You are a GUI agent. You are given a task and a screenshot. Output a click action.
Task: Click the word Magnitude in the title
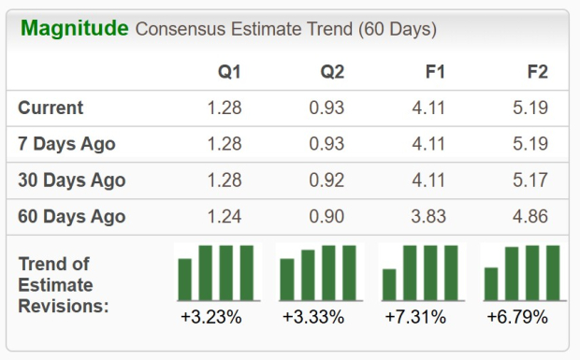click(x=74, y=28)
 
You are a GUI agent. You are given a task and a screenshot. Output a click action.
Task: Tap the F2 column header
click(x=536, y=72)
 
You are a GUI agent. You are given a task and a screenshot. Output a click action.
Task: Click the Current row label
click(x=51, y=108)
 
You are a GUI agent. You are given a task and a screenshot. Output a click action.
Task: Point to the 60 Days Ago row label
click(x=71, y=217)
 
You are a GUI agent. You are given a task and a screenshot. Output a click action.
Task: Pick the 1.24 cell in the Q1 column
click(x=225, y=217)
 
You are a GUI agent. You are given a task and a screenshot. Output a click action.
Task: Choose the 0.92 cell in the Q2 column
click(x=327, y=180)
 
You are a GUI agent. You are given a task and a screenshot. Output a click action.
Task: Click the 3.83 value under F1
click(x=429, y=217)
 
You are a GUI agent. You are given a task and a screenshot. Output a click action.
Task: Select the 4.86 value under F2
click(x=530, y=217)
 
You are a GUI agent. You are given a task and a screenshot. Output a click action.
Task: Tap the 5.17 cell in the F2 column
click(x=530, y=180)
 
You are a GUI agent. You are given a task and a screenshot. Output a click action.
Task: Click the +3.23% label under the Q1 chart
click(x=211, y=318)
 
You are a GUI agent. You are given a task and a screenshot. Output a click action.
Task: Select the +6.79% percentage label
click(x=517, y=318)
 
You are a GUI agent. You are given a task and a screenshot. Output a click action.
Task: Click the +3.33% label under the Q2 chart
click(x=313, y=318)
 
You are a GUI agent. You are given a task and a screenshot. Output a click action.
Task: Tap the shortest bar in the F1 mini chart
click(x=389, y=284)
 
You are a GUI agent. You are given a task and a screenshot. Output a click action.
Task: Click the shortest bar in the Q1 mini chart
click(x=185, y=279)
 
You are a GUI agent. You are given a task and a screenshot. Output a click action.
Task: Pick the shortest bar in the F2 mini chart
click(x=491, y=283)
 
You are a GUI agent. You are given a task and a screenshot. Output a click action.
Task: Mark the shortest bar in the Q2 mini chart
click(x=287, y=279)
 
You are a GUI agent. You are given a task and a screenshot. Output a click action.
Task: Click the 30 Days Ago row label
click(x=71, y=180)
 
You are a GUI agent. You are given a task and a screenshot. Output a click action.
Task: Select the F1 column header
click(x=433, y=72)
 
